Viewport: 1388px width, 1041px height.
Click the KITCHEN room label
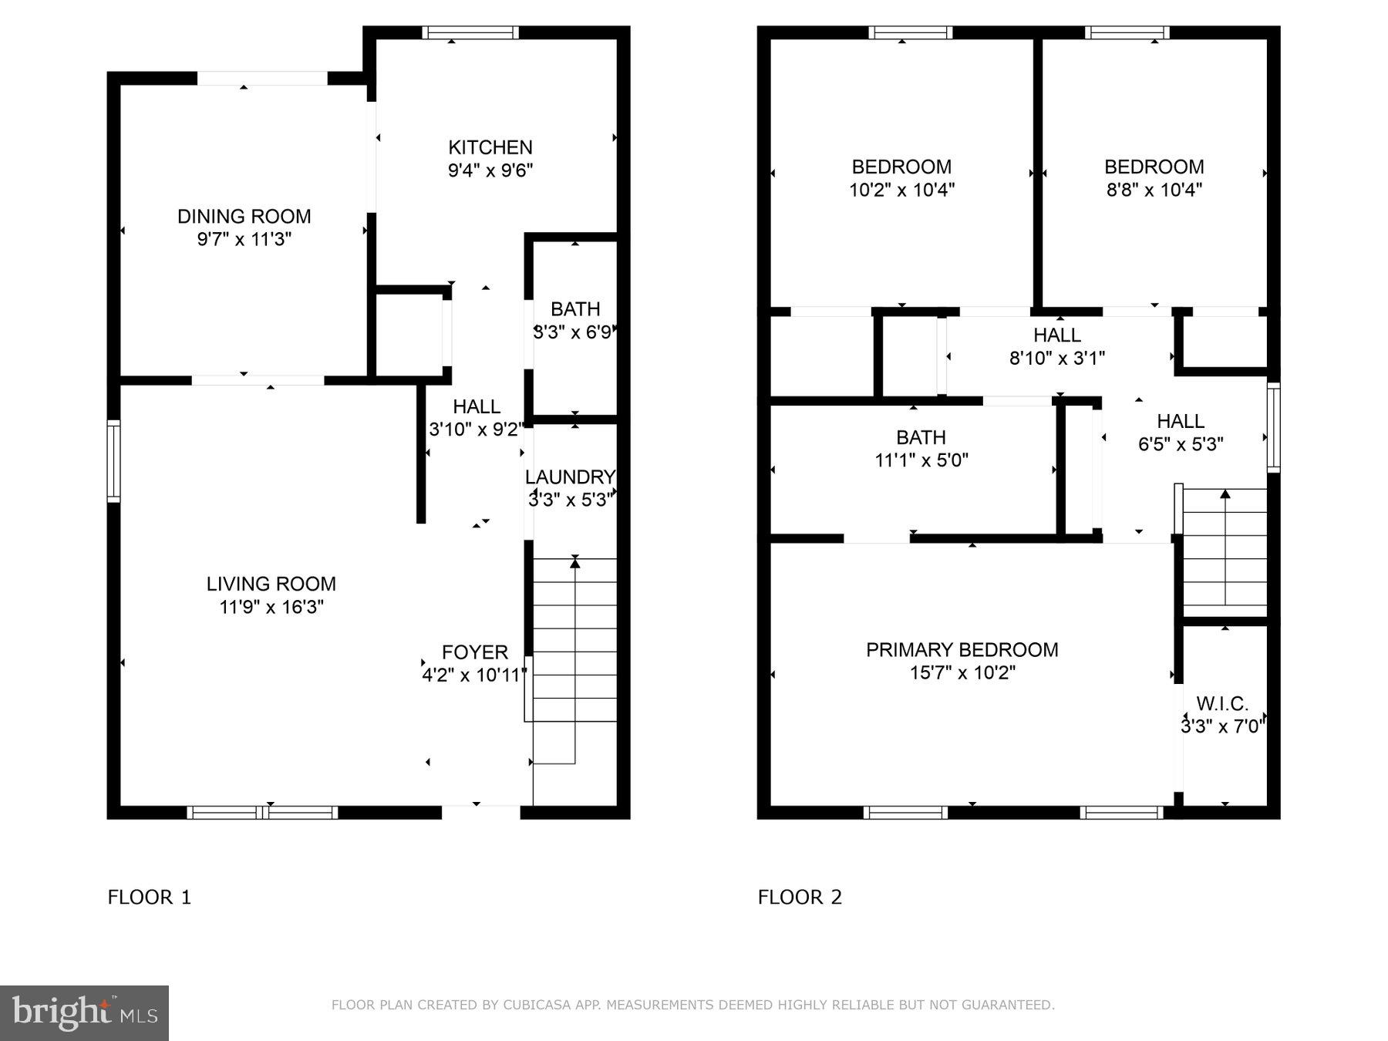click(x=490, y=147)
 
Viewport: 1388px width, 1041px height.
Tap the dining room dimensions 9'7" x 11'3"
click(x=244, y=240)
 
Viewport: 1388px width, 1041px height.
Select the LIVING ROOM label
click(x=271, y=584)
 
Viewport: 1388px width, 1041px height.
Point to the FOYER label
click(x=474, y=652)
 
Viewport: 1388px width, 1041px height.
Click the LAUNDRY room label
click(x=570, y=477)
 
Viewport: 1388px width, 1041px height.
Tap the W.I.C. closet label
click(x=1222, y=703)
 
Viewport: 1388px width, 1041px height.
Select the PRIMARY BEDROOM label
click(x=962, y=650)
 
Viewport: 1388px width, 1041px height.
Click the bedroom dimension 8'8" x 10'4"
click(x=1154, y=190)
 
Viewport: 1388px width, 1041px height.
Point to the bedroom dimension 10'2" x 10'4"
click(x=901, y=190)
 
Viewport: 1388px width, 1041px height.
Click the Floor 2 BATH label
click(x=921, y=437)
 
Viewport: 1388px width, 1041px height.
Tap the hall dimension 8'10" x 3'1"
click(x=1056, y=359)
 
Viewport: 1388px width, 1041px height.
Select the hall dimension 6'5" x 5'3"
click(x=1181, y=444)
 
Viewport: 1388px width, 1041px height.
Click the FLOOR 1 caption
click(x=149, y=897)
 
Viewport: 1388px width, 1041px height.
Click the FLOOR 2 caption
click(x=800, y=897)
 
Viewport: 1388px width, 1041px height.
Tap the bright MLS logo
click(x=84, y=1012)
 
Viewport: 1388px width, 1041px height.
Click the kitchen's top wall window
click(x=470, y=32)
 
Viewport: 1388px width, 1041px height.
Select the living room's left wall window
click(x=113, y=461)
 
